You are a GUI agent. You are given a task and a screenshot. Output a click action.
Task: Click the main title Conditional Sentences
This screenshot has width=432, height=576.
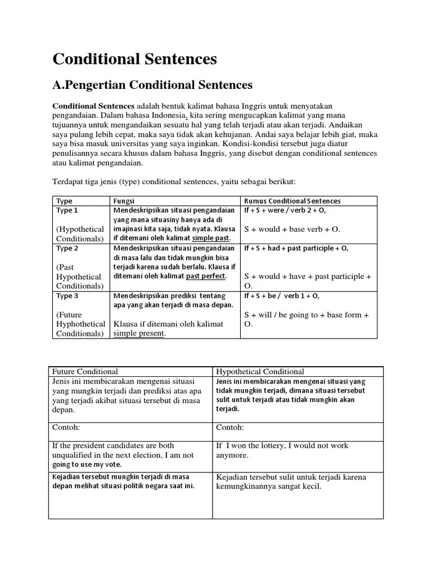click(x=134, y=59)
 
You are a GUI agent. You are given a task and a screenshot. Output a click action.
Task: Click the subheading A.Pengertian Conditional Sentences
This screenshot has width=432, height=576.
click(x=152, y=85)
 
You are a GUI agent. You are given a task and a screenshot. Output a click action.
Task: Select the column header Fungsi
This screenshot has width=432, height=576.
click(x=124, y=201)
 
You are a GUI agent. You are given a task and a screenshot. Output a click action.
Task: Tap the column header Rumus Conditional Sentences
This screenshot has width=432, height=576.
click(x=292, y=201)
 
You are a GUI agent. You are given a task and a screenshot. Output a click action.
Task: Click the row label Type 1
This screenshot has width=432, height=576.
click(x=67, y=210)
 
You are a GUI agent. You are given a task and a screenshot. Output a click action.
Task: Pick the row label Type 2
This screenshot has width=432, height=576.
click(x=67, y=248)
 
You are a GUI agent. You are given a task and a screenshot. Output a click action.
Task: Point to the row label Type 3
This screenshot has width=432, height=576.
click(x=67, y=295)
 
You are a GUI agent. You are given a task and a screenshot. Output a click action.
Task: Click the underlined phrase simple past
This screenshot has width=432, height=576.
click(x=211, y=238)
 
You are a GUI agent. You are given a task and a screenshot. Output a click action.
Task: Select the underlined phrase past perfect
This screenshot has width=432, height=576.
click(x=205, y=276)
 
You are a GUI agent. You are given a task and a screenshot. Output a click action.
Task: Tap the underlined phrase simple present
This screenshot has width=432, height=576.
click(x=139, y=333)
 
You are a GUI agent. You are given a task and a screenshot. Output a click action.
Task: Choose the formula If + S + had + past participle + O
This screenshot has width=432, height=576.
click(x=296, y=248)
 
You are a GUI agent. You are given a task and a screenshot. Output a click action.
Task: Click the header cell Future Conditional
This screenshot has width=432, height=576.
click(x=85, y=371)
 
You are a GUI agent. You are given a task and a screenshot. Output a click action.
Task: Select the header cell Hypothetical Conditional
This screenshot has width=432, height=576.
click(x=260, y=371)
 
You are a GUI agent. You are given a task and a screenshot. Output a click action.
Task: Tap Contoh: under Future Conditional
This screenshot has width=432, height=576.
click(x=66, y=427)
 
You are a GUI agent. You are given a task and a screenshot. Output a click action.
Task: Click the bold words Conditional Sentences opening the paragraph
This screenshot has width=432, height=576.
click(x=93, y=106)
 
